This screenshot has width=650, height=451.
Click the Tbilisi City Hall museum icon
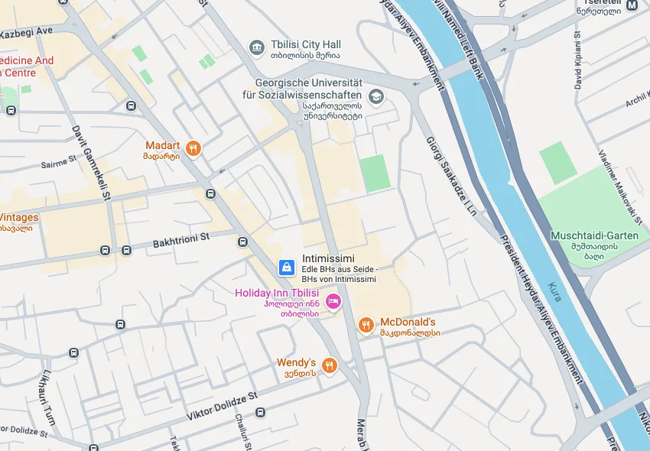click(257, 48)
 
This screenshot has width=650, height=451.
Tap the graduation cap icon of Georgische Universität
click(375, 96)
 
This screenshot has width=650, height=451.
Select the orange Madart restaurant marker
click(193, 148)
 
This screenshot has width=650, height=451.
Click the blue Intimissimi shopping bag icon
click(286, 268)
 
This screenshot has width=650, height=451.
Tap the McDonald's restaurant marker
click(366, 326)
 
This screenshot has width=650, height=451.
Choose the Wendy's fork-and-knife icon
click(330, 365)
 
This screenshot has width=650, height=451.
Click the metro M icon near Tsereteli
click(632, 5)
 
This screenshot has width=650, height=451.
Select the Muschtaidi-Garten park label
click(594, 235)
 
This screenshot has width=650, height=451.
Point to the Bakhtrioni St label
click(180, 240)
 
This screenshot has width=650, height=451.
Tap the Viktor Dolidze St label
click(223, 407)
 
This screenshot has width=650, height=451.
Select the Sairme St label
click(59, 162)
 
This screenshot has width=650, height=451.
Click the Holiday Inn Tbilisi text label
click(276, 293)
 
